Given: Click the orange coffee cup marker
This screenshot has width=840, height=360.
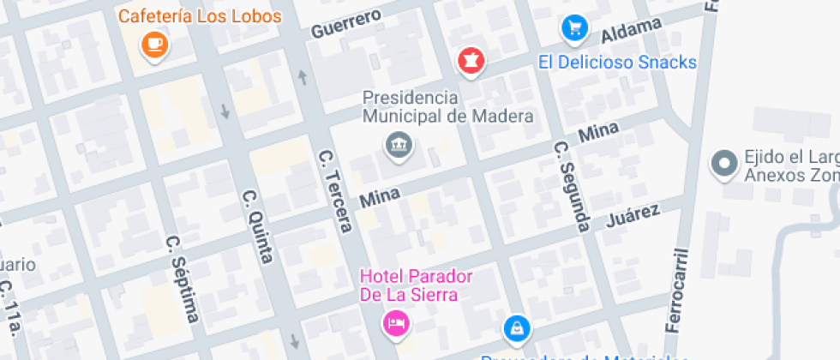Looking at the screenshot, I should pyautogui.click(x=154, y=45).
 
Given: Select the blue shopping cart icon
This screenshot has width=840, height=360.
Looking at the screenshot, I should pyautogui.click(x=573, y=29).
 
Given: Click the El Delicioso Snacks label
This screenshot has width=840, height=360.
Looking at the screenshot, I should pyautogui.click(x=617, y=63).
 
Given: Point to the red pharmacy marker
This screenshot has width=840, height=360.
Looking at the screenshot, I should pyautogui.click(x=470, y=61).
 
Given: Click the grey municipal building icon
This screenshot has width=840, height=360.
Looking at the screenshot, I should pyautogui.click(x=399, y=147).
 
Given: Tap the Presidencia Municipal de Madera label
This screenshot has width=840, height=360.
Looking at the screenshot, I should pyautogui.click(x=447, y=106).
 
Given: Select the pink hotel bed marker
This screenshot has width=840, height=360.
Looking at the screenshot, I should pyautogui.click(x=395, y=323).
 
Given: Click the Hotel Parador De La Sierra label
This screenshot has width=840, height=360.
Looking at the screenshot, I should pyautogui.click(x=416, y=285).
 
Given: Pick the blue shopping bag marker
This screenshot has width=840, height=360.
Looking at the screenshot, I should pyautogui.click(x=516, y=327).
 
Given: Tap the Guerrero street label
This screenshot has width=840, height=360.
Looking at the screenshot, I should pyautogui.click(x=345, y=25).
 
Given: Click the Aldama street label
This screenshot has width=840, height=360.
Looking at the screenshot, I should pyautogui.click(x=632, y=32).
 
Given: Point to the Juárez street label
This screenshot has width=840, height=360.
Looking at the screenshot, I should pyautogui.click(x=633, y=218).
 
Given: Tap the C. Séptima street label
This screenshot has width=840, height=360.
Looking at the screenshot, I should pyautogui.click(x=183, y=279).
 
